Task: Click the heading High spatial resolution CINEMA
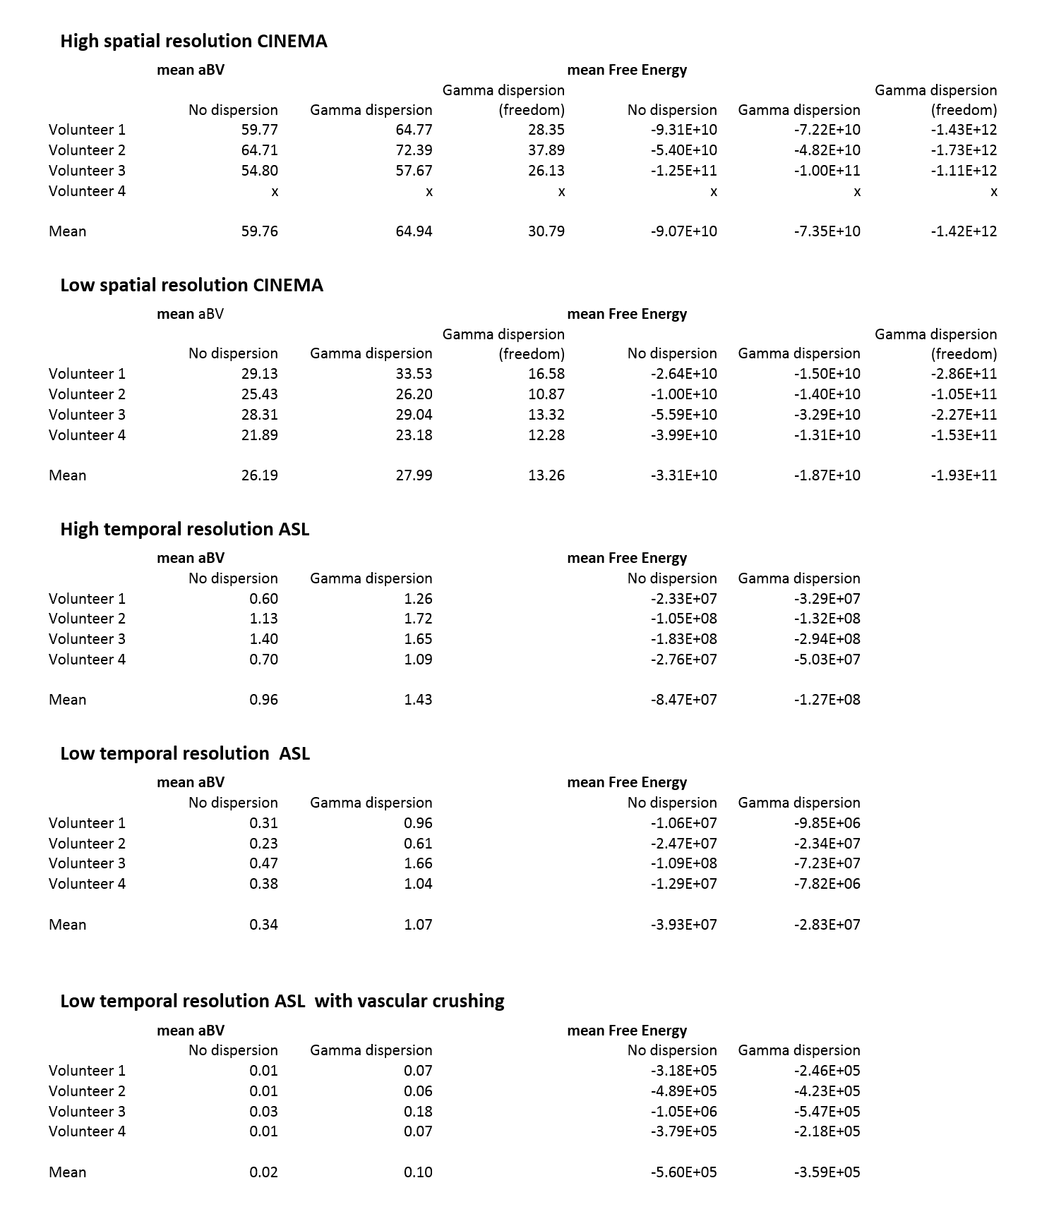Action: click(193, 41)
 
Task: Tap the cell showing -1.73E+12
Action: click(963, 150)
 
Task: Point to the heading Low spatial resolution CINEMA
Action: click(191, 285)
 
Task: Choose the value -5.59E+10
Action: click(683, 415)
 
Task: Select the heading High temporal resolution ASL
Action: click(184, 529)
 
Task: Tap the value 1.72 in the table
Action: click(417, 619)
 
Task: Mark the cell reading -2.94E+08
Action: click(827, 639)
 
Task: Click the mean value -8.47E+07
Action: click(683, 700)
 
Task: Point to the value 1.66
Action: click(417, 863)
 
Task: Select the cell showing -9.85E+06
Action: click(827, 823)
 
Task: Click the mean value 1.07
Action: click(417, 925)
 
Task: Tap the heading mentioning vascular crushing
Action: click(282, 1001)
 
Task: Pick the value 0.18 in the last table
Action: click(417, 1112)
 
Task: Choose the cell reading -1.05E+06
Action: click(683, 1112)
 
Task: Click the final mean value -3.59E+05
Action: click(827, 1172)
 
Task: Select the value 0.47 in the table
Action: click(263, 863)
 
